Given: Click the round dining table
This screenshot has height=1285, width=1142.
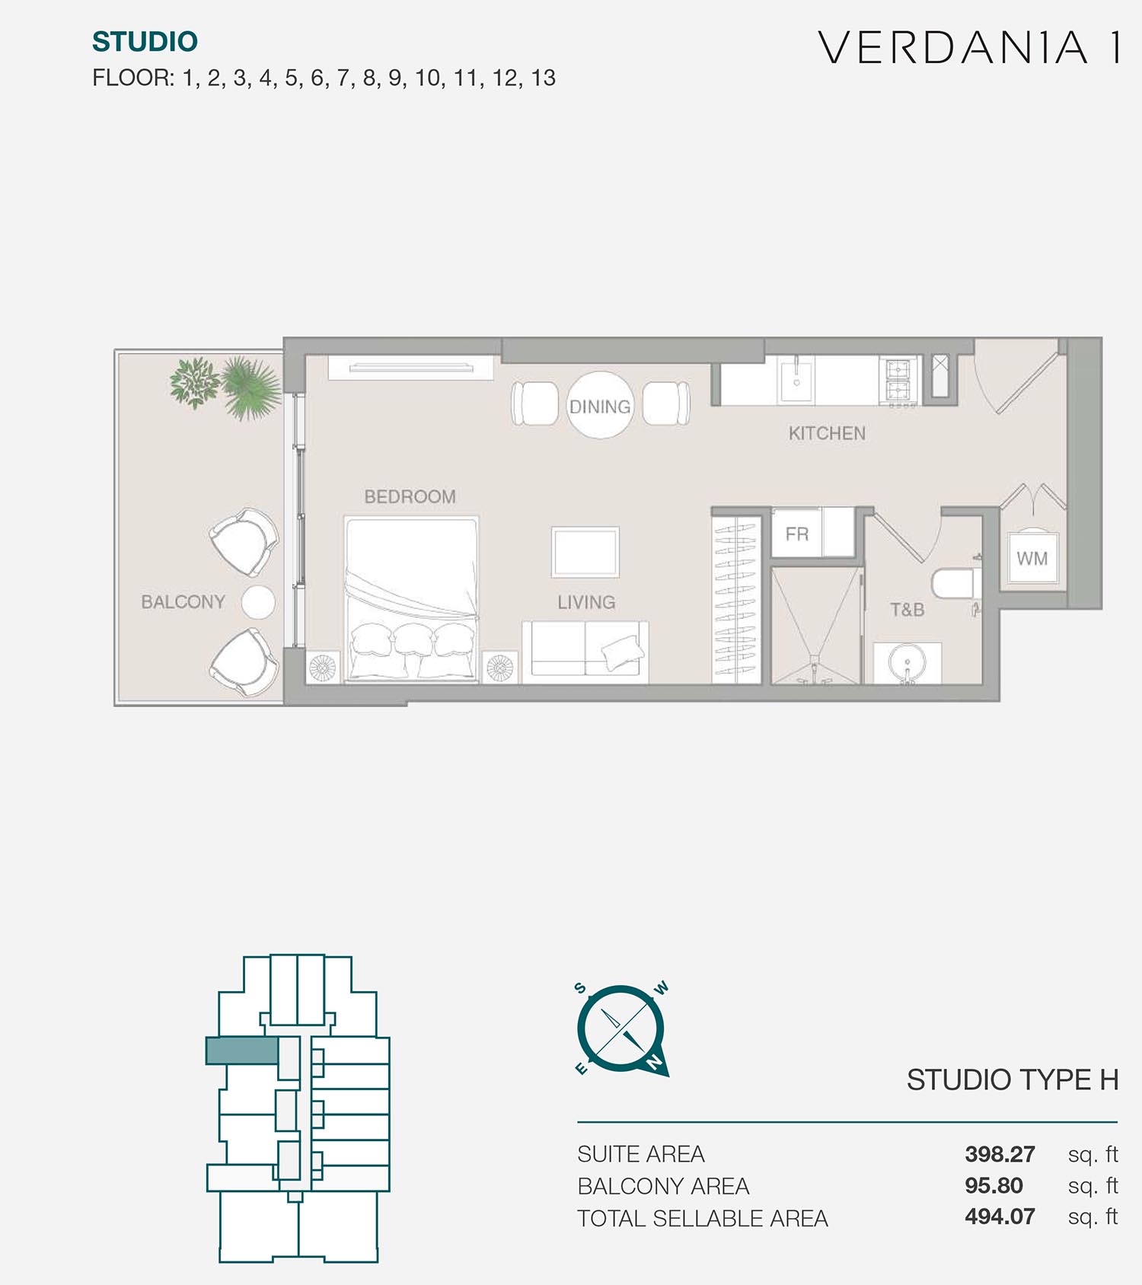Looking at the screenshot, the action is click(601, 405).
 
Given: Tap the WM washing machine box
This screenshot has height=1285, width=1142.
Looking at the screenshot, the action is click(1032, 558).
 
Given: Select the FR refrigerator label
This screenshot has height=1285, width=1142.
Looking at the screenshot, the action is click(797, 534).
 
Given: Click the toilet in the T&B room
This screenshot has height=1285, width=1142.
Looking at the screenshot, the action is click(953, 582).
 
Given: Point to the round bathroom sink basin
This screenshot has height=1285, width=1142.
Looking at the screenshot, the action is click(907, 663).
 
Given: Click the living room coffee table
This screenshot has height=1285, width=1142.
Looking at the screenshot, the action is click(585, 552).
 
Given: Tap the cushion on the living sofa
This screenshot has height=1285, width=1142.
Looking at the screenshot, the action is click(623, 652).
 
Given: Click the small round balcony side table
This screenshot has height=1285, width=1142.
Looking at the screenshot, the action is click(258, 602).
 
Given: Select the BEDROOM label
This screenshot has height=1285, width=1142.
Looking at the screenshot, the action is click(410, 497).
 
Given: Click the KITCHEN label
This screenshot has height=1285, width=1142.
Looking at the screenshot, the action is click(827, 433).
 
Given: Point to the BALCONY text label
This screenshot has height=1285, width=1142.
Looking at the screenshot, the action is click(183, 602).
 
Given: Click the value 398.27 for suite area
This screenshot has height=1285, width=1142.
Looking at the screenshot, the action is click(1000, 1154).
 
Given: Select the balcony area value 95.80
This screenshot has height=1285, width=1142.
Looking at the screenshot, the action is click(994, 1185).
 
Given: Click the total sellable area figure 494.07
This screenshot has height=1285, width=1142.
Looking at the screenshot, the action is click(1000, 1216).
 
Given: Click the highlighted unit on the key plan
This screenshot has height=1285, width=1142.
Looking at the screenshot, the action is click(242, 1051).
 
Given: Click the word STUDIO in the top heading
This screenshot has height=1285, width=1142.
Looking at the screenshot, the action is click(145, 42).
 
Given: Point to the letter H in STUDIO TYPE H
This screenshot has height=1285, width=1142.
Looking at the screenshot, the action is click(1109, 1079).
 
